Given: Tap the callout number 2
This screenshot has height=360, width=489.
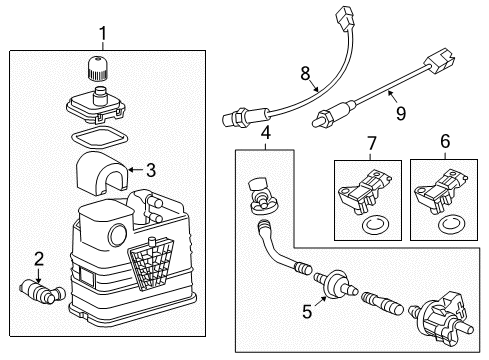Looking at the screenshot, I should tap(39, 260).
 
